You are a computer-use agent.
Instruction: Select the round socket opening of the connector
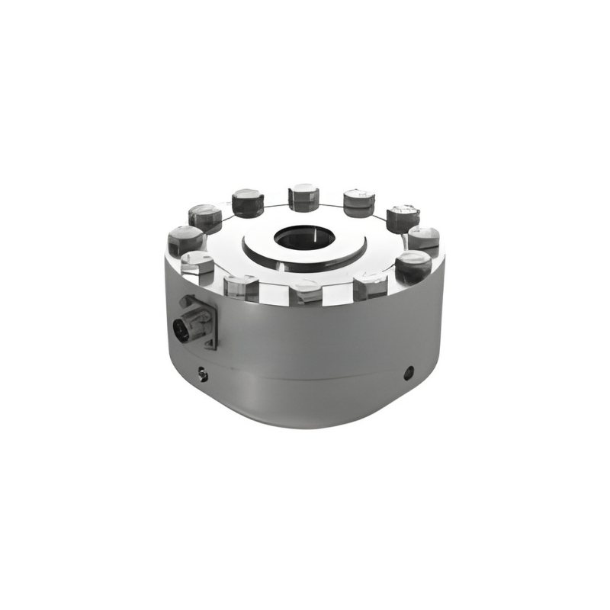[183, 329]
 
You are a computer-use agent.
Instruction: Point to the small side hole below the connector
[203, 373]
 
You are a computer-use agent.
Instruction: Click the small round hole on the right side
[409, 372]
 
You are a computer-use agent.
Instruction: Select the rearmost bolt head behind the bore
[303, 197]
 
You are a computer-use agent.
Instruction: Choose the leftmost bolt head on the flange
[185, 236]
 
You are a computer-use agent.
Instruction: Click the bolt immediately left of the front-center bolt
[242, 287]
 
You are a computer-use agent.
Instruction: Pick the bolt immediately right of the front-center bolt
[371, 285]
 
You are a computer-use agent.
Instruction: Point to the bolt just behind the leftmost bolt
[205, 217]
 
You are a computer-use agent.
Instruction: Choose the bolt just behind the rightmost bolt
[403, 218]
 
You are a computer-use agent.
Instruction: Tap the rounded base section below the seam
[305, 404]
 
